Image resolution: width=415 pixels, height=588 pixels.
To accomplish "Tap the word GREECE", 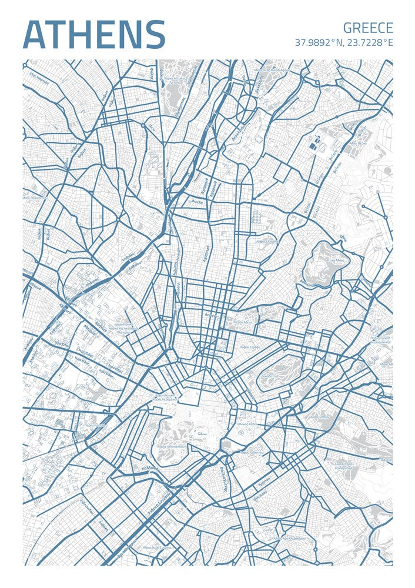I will tap(368, 28).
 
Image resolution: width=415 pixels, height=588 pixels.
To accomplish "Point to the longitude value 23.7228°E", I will tap(369, 43).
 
